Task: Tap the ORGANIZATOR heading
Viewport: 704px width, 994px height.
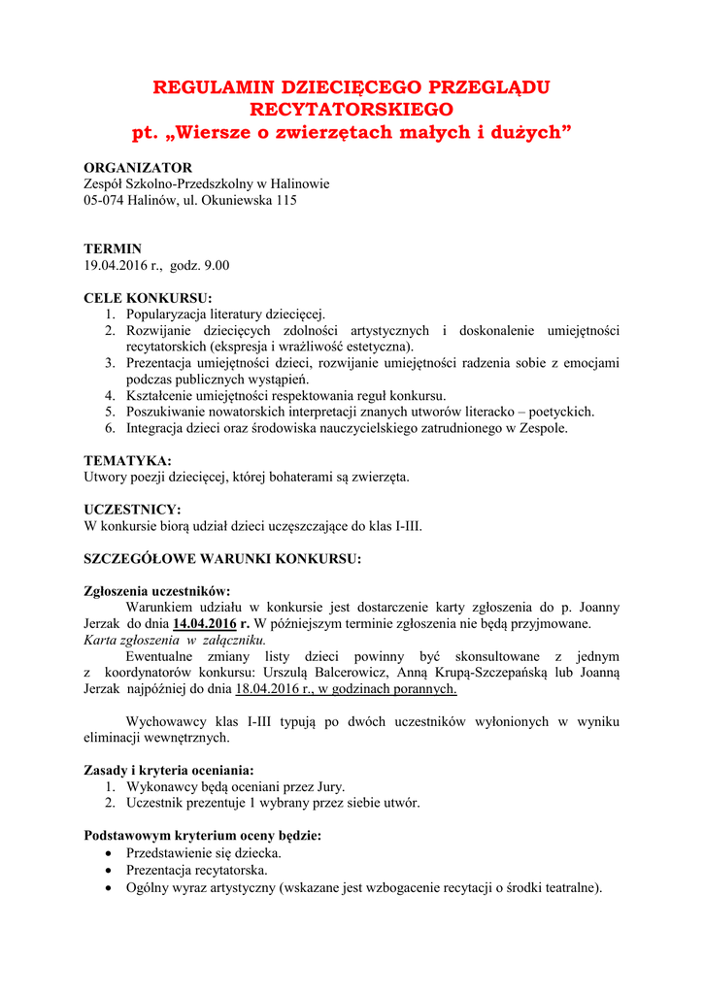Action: coord(138,167)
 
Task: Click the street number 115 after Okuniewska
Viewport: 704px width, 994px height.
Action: coord(285,201)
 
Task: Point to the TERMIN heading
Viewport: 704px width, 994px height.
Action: coord(113,248)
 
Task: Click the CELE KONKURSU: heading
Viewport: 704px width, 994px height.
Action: coord(148,298)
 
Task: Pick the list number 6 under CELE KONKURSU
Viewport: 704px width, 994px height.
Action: coord(111,428)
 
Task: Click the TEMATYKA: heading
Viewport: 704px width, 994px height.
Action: coord(127,460)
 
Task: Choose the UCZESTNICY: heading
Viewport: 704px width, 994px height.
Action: coord(132,509)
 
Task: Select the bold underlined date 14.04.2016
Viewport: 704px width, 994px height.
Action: coord(206,623)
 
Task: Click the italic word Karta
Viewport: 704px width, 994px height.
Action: coord(101,640)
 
